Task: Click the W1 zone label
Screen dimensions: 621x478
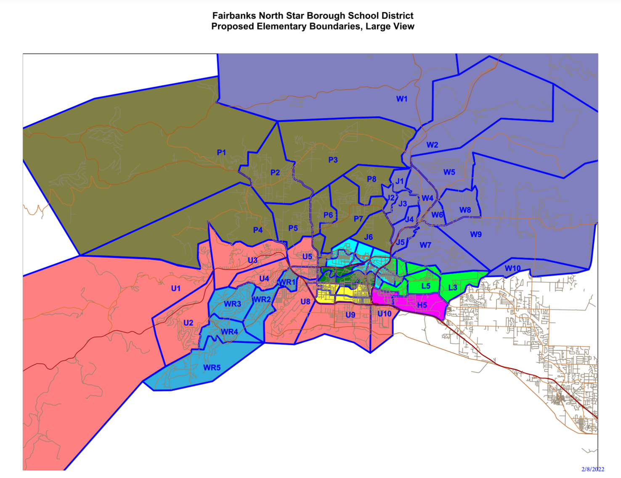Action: pyautogui.click(x=402, y=99)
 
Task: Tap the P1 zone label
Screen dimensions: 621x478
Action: pyautogui.click(x=221, y=152)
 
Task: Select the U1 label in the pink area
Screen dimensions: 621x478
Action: pyautogui.click(x=175, y=288)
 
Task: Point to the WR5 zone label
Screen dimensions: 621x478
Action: pyautogui.click(x=212, y=368)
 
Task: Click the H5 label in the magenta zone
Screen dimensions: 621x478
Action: pyautogui.click(x=422, y=305)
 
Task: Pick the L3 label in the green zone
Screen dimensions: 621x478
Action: pyautogui.click(x=452, y=288)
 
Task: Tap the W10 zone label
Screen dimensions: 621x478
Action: pyautogui.click(x=512, y=268)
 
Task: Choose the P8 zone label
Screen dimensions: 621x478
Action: pyautogui.click(x=372, y=179)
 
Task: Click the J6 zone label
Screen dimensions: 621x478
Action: pyautogui.click(x=368, y=238)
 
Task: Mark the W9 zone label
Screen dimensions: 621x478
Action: pyautogui.click(x=475, y=235)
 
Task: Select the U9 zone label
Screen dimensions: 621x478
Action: pyautogui.click(x=350, y=315)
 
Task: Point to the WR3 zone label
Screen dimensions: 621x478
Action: pyautogui.click(x=232, y=304)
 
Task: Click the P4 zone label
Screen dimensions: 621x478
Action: pyautogui.click(x=257, y=230)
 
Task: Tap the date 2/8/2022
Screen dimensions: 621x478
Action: pyautogui.click(x=593, y=469)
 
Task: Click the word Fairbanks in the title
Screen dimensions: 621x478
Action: pyautogui.click(x=234, y=16)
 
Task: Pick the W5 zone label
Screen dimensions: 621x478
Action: pyautogui.click(x=449, y=172)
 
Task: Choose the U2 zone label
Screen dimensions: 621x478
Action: pyautogui.click(x=188, y=323)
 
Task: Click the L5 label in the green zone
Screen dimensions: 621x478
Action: pyautogui.click(x=426, y=286)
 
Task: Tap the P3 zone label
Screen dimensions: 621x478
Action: pyautogui.click(x=333, y=160)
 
